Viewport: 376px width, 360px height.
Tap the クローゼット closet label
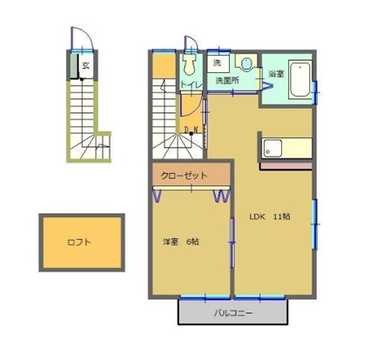click(x=185, y=176)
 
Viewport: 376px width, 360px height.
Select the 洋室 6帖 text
click(x=179, y=242)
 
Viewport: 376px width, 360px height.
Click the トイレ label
click(x=191, y=83)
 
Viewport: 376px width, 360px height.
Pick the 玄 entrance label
click(x=84, y=64)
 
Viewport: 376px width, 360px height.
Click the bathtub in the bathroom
click(x=300, y=81)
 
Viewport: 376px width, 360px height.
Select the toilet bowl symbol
click(x=191, y=65)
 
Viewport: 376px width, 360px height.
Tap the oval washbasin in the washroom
click(x=247, y=63)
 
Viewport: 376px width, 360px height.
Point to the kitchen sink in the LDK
click(x=270, y=146)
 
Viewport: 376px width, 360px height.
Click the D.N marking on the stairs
click(x=191, y=130)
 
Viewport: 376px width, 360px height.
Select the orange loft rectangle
click(x=80, y=243)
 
